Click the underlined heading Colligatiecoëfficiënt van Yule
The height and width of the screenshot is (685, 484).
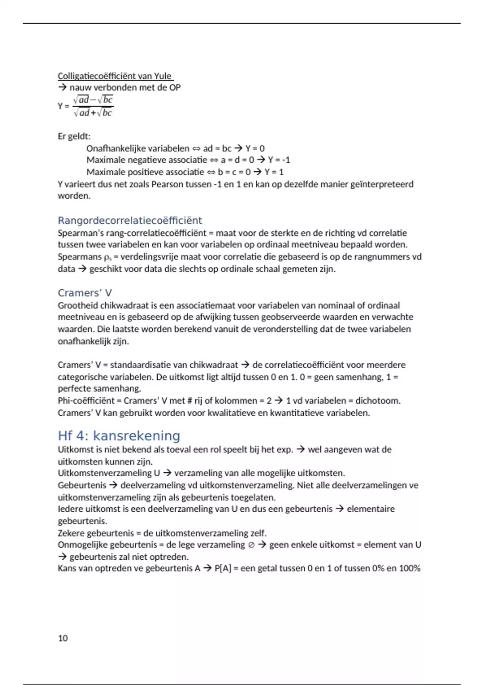[115, 76]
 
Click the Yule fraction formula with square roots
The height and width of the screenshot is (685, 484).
[93, 106]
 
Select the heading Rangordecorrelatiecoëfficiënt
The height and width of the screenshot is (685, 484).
[129, 220]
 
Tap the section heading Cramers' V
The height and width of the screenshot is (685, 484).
[85, 293]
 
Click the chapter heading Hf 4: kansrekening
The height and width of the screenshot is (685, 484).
[119, 436]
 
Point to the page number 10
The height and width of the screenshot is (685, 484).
[63, 638]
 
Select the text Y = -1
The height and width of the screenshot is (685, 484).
[279, 160]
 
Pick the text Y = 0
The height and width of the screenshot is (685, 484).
[255, 148]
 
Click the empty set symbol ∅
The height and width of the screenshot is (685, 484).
[251, 545]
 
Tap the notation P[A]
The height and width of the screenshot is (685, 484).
[223, 568]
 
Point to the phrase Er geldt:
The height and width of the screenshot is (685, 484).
[74, 136]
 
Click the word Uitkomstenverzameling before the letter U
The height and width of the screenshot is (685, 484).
[104, 473]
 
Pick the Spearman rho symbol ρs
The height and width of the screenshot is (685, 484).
[107, 257]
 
